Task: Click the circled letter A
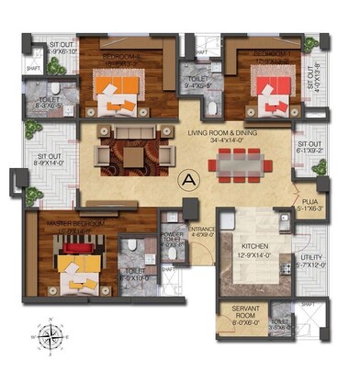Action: coord(190,179)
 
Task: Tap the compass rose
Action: coord(50,336)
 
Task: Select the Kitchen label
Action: coord(254,250)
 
